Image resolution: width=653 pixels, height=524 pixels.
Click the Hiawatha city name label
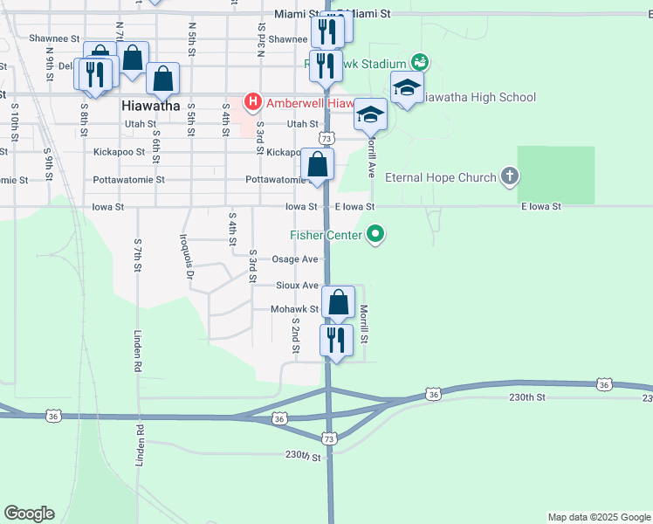coord(148,106)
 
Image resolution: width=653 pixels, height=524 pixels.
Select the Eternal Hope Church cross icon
coord(511,177)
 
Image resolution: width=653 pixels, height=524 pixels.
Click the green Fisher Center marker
coord(376,234)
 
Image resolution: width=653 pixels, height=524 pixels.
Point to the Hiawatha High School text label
coord(477,97)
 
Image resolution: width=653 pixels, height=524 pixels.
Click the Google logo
coord(29,514)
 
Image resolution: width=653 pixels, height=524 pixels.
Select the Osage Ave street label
coord(295,259)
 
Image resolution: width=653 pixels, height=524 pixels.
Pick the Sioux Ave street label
coord(297,286)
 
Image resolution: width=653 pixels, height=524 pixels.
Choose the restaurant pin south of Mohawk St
coord(336,339)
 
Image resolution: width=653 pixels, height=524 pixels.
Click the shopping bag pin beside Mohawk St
coord(338,302)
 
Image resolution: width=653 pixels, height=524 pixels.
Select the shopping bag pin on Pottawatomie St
coord(318,164)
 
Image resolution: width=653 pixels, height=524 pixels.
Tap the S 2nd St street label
coord(296,335)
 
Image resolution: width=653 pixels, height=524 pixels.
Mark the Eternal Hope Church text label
coord(440,178)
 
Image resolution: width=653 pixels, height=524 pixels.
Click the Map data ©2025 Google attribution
coord(599,517)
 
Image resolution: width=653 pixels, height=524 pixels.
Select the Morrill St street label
coord(365,323)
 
